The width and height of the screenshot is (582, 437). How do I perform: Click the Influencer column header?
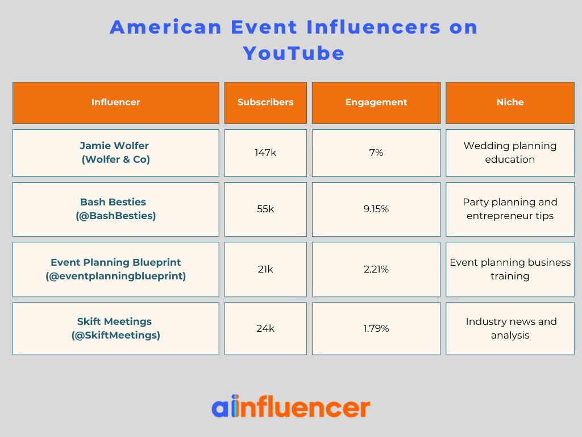click(115, 102)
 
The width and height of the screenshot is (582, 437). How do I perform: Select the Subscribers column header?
click(265, 102)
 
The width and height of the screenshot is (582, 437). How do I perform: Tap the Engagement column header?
click(376, 102)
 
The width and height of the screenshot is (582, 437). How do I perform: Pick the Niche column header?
click(510, 102)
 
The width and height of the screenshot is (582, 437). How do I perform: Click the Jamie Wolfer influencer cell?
click(115, 152)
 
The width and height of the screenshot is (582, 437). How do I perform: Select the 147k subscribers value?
click(265, 152)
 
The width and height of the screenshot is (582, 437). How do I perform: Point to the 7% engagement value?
click(376, 152)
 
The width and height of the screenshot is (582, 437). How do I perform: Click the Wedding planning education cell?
click(510, 152)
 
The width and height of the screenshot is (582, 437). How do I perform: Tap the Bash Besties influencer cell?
click(115, 209)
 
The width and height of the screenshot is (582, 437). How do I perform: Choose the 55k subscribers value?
click(265, 209)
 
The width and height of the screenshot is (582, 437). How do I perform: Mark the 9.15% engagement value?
click(376, 209)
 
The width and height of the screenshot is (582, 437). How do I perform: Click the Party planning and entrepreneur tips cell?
click(510, 209)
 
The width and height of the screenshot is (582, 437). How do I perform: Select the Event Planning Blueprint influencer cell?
click(115, 269)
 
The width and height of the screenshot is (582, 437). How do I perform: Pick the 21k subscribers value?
click(265, 269)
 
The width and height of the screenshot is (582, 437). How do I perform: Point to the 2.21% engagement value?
click(376, 269)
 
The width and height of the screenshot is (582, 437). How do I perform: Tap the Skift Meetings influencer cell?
click(115, 328)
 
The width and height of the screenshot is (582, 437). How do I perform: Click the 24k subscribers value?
click(265, 328)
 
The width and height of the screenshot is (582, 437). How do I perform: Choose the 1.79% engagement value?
click(376, 328)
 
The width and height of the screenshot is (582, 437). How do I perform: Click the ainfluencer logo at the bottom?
click(290, 407)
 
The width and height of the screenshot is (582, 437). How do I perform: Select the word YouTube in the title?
click(294, 53)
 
